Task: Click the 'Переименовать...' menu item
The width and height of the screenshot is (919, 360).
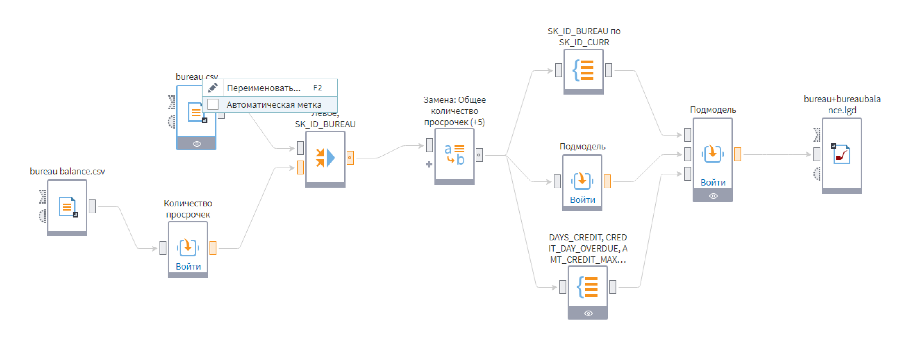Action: pyautogui.click(x=264, y=88)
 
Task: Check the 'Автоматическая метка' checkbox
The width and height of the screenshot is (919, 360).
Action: pyautogui.click(x=213, y=104)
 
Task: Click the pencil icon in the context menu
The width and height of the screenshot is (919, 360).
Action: pyautogui.click(x=213, y=87)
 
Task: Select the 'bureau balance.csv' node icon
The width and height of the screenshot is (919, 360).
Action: pyautogui.click(x=67, y=206)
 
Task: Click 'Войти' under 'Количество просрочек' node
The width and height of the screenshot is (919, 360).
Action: pyautogui.click(x=188, y=266)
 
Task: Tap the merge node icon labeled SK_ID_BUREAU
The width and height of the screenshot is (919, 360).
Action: pyautogui.click(x=325, y=158)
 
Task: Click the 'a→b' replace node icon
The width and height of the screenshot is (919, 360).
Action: pyautogui.click(x=454, y=154)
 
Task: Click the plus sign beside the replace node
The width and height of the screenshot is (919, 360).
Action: pyautogui.click(x=429, y=164)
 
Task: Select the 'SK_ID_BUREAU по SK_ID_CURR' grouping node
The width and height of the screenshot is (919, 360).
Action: pyautogui.click(x=583, y=70)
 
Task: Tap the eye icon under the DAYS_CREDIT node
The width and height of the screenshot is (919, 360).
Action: pyautogui.click(x=588, y=313)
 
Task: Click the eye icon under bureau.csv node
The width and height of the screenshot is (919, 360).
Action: pyautogui.click(x=197, y=144)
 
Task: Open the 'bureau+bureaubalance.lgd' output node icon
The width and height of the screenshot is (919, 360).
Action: pyautogui.click(x=842, y=154)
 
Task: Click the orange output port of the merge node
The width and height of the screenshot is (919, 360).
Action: pyautogui.click(x=350, y=158)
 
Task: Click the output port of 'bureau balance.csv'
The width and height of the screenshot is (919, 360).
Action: pyautogui.click(x=92, y=206)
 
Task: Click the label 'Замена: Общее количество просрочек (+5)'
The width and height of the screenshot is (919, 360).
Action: pyautogui.click(x=454, y=111)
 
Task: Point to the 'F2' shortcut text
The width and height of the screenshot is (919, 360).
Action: pyautogui.click(x=317, y=88)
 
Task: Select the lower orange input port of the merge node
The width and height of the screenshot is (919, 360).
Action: pyautogui.click(x=300, y=167)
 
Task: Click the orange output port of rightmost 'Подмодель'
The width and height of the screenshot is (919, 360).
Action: pyautogui.click(x=737, y=154)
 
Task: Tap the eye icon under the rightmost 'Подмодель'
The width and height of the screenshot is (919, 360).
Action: pyautogui.click(x=713, y=196)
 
